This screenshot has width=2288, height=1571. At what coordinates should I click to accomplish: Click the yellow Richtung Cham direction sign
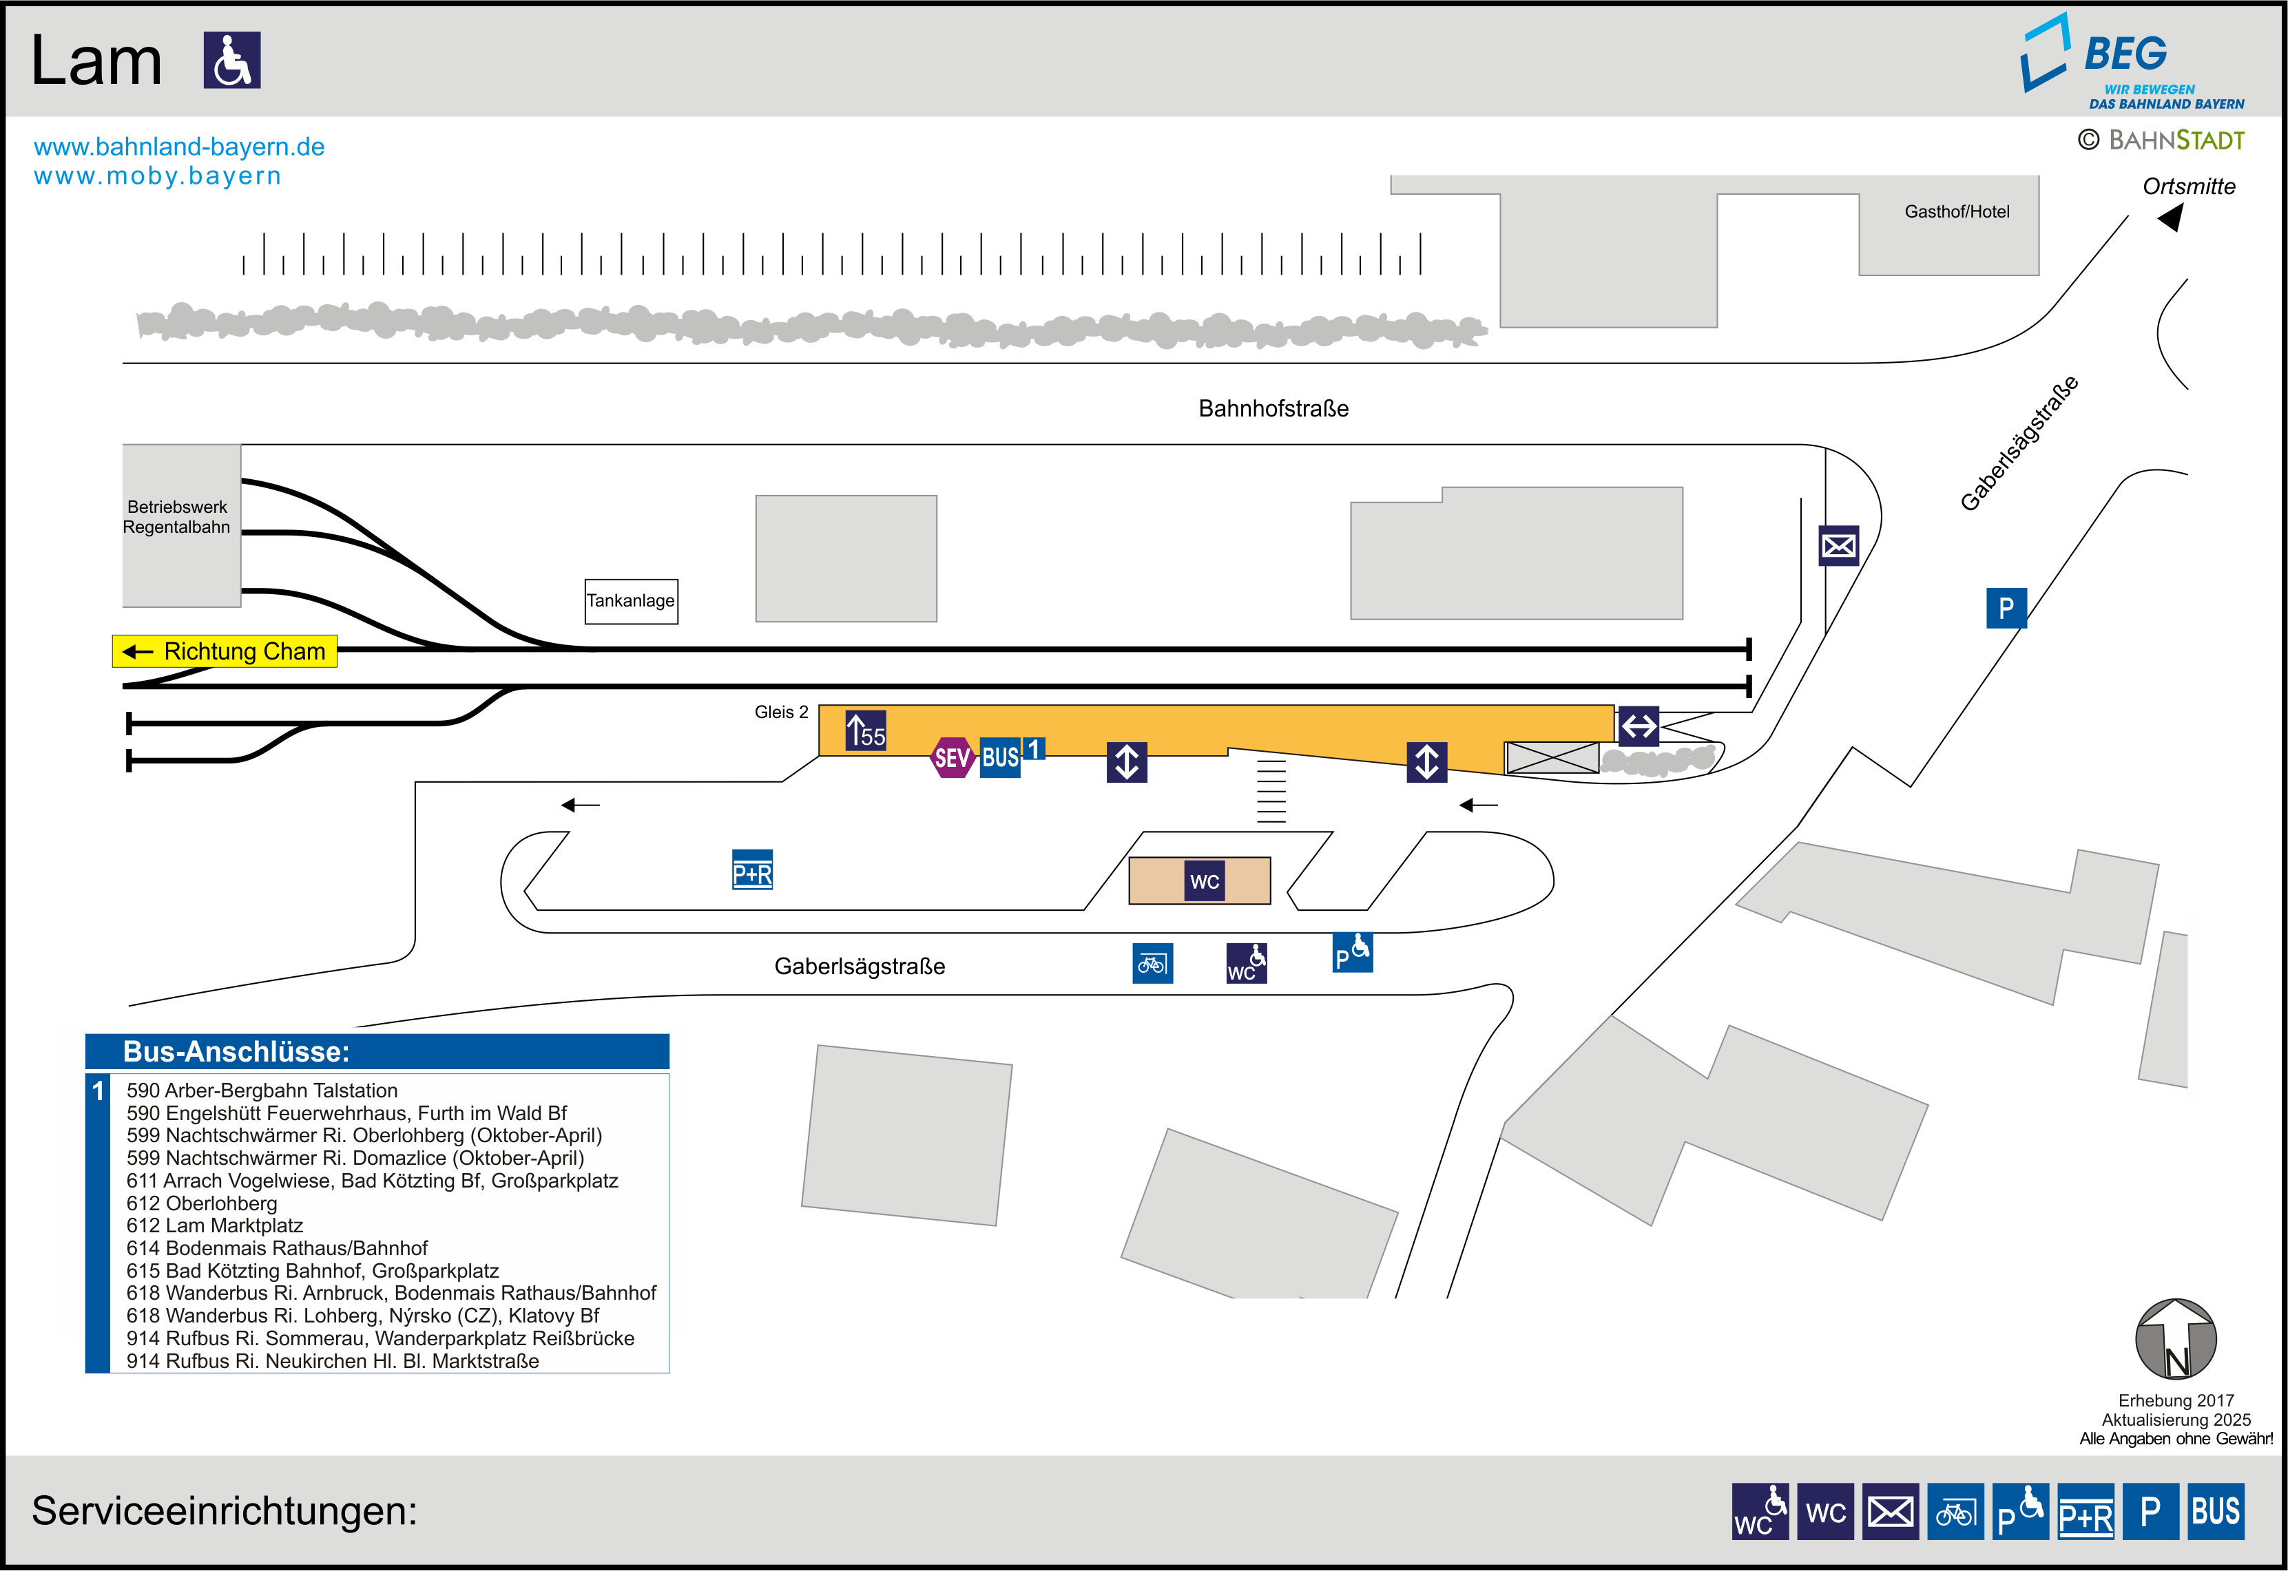[225, 652]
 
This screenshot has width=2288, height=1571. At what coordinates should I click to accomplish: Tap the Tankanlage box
[631, 600]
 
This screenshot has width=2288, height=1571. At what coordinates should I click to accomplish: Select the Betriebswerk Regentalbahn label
[177, 517]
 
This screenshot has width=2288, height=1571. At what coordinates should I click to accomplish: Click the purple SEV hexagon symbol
[952, 757]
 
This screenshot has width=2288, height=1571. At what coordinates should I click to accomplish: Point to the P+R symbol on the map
[752, 870]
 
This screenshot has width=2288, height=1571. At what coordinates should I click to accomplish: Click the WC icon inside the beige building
[1204, 881]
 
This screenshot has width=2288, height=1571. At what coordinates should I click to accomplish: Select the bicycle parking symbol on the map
[1152, 964]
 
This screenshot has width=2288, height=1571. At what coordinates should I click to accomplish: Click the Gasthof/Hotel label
[1956, 211]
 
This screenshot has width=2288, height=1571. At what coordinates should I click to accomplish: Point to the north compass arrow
[2175, 1340]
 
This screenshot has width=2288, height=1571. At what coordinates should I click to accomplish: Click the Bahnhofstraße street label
[1273, 408]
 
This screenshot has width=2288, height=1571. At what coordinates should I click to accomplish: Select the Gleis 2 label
[781, 712]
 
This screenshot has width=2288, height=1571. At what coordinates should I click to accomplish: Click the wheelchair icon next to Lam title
[232, 60]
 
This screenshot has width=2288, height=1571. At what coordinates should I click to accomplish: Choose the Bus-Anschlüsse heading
[236, 1051]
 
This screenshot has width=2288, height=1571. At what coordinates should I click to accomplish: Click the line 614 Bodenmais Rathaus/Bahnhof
[277, 1248]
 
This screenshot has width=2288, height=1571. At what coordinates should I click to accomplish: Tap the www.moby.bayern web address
[158, 176]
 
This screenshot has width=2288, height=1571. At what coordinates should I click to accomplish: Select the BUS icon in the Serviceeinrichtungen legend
[2215, 1511]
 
